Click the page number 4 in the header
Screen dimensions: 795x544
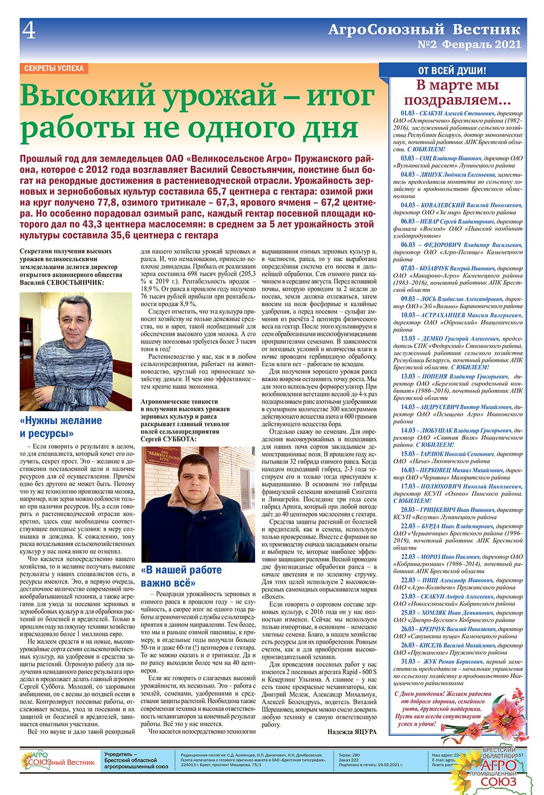(29, 32)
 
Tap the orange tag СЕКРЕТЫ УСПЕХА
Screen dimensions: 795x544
(54, 68)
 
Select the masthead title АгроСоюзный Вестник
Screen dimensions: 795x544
(424, 30)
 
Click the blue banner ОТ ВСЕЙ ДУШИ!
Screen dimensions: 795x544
(452, 70)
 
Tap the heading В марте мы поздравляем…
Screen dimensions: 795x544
(457, 92)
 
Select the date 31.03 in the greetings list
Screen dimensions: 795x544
(408, 661)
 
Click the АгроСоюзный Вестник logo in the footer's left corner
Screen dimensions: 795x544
(58, 761)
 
